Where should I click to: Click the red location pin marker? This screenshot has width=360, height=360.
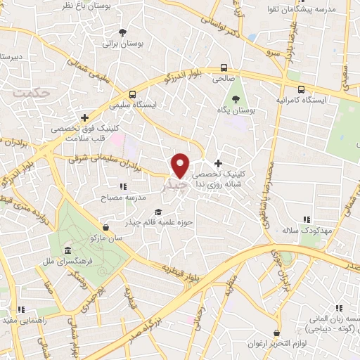coord(181,165)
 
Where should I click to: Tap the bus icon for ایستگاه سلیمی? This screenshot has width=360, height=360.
coord(132,94)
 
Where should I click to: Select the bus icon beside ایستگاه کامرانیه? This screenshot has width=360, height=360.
coord(301,90)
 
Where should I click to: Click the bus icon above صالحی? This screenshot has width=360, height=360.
coord(224,68)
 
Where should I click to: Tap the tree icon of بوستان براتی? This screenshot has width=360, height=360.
coord(123,32)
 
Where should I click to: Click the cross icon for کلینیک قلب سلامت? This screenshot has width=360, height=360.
coord(85,117)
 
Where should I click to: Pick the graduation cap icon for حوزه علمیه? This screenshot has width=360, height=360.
coord(159,212)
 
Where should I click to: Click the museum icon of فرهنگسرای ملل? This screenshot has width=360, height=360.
coord(67,251)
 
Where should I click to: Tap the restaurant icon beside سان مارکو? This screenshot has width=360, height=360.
coord(105,227)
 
